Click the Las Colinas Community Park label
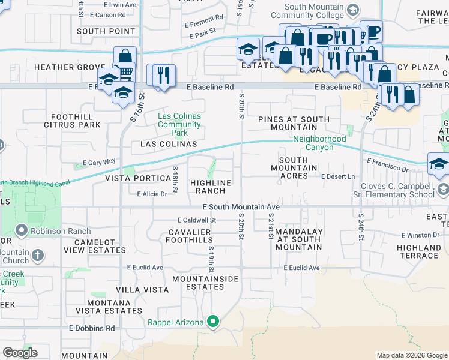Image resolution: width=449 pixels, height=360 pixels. (x=179, y=124)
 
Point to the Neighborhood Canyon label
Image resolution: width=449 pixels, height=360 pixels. (x=313, y=143)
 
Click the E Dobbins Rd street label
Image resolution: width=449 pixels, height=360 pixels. (x=91, y=328)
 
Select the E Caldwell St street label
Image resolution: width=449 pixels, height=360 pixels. (x=196, y=220)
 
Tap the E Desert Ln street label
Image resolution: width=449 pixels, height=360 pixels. (x=338, y=176)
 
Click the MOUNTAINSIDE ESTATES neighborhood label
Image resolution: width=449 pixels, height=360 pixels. (x=205, y=283)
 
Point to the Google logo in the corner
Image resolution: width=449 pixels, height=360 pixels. (x=20, y=353)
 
